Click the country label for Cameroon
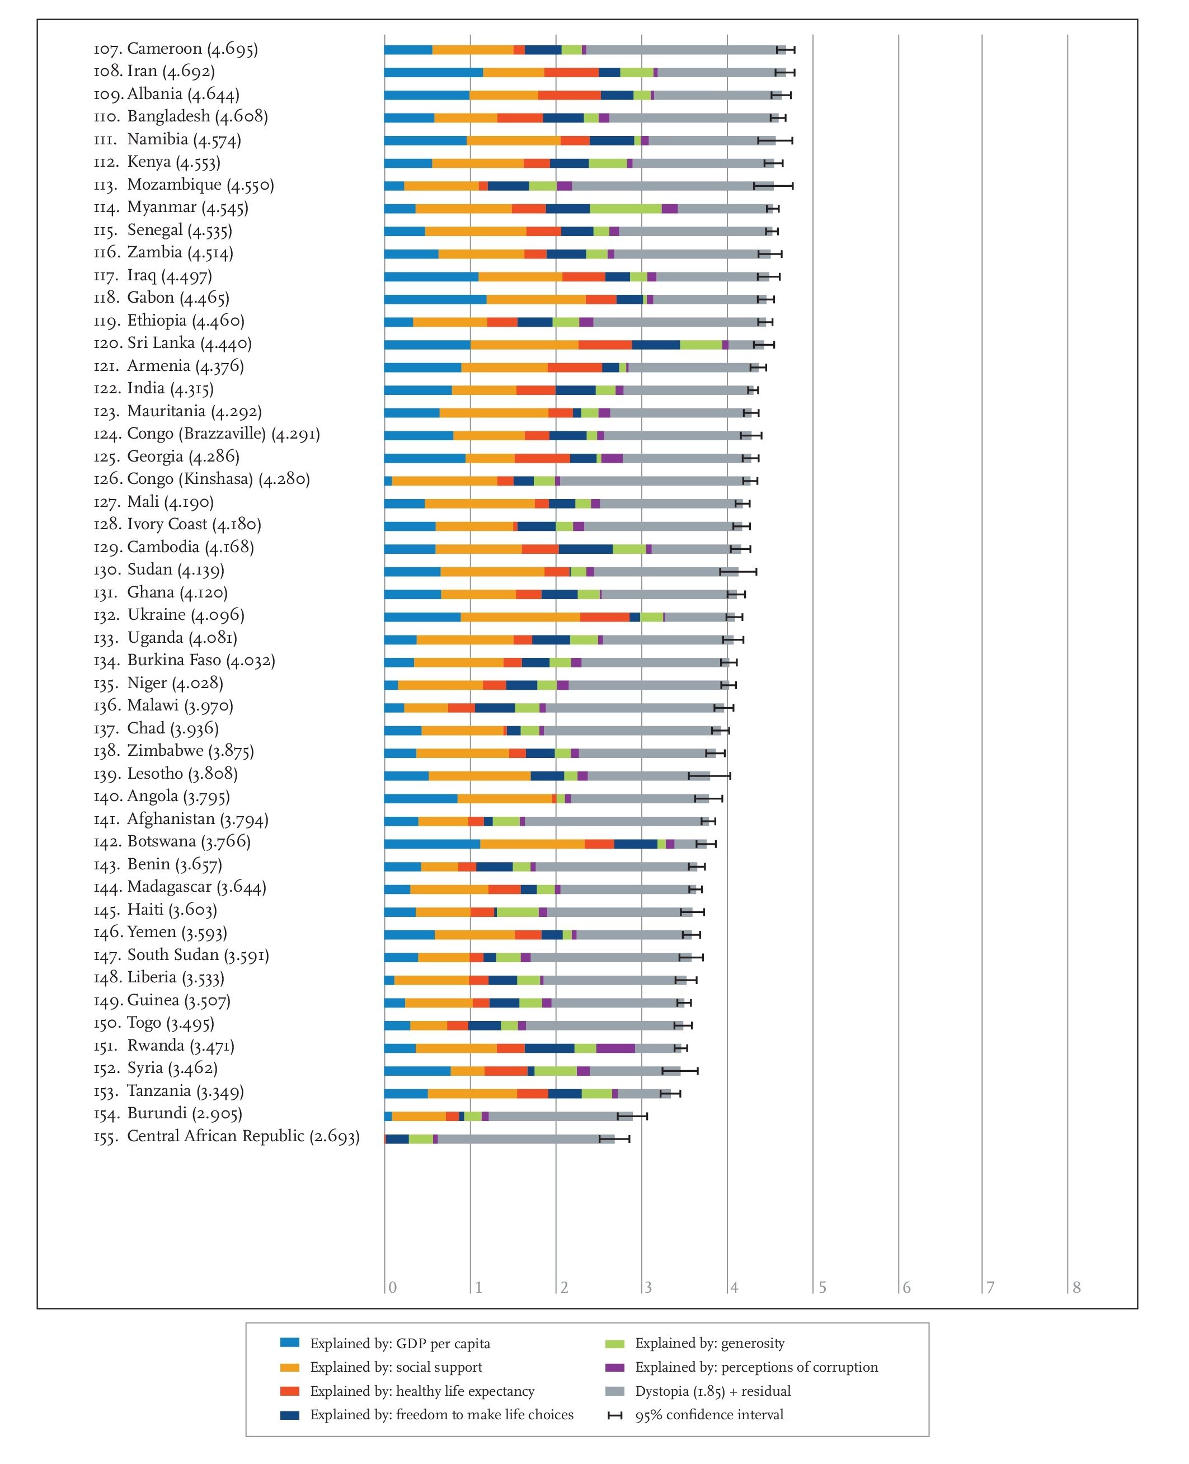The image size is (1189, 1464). tap(175, 49)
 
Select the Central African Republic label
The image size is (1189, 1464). tap(226, 1137)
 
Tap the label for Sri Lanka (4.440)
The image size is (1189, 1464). tap(172, 343)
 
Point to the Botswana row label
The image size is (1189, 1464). tap(172, 841)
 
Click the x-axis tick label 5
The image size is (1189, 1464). tap(823, 1287)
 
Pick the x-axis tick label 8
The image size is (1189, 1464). tap(1077, 1287)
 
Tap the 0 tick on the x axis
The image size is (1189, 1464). tap(392, 1287)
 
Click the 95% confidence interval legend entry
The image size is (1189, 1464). tap(695, 1415)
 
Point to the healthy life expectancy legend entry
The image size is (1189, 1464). tap(407, 1391)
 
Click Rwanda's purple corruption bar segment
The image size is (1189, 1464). tap(615, 1048)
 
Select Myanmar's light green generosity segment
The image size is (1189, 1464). tap(626, 209)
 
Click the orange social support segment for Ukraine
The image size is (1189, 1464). tap(520, 617)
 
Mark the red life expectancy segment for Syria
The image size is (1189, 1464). tap(506, 1071)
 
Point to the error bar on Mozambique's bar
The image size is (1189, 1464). tap(773, 186)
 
